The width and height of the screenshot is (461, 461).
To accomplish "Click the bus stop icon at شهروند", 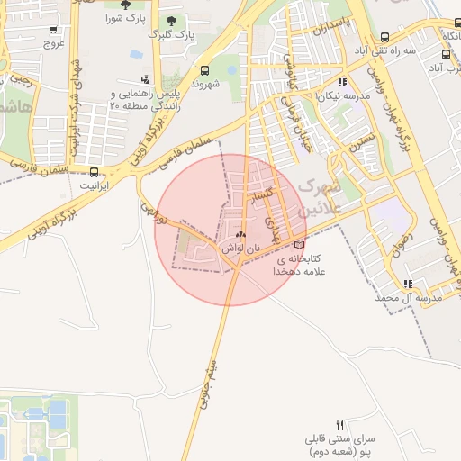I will pos(205,70).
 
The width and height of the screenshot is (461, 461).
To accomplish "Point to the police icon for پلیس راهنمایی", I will pos(145,79).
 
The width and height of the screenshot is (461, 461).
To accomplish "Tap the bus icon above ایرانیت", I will pos(95,171).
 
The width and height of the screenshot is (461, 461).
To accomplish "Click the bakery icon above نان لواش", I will pos(240,234).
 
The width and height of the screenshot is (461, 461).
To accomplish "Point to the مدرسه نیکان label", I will pos(323,94).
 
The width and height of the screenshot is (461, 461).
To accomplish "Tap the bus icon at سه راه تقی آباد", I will pos(385,38).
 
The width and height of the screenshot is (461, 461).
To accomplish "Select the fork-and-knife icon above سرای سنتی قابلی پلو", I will pos(339,425).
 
